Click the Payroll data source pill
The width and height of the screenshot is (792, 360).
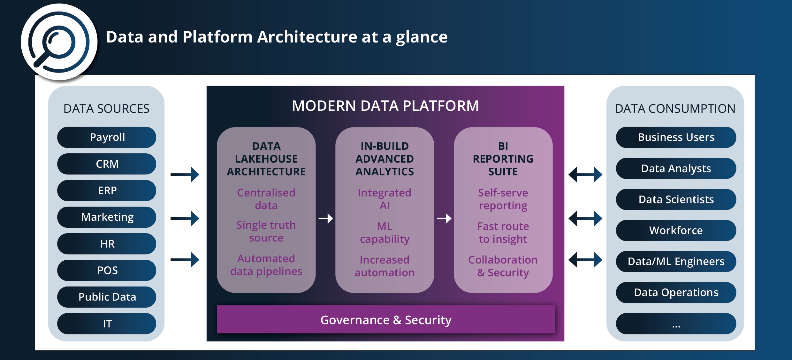(107, 137)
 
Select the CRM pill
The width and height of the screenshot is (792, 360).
(107, 164)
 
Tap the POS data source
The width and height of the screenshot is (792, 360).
(107, 270)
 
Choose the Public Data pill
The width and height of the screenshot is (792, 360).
(107, 297)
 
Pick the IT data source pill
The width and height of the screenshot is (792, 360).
(107, 324)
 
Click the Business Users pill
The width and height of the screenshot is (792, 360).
(676, 137)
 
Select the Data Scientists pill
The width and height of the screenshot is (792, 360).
(676, 199)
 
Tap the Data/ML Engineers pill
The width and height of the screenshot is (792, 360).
(676, 261)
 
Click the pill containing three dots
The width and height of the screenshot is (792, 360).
(676, 324)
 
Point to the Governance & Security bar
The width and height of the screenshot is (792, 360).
(386, 319)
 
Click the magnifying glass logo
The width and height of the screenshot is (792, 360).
(59, 42)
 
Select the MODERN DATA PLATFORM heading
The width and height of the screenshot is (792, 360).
(385, 106)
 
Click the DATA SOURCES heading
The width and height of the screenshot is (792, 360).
(106, 109)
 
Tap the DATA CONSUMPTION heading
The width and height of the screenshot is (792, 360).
(675, 109)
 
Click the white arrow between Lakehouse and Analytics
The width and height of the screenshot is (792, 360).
(326, 218)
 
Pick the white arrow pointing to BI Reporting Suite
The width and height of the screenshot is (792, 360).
(444, 218)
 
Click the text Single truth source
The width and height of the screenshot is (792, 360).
(266, 231)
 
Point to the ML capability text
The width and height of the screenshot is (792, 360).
(385, 233)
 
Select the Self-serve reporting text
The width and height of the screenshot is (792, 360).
(503, 199)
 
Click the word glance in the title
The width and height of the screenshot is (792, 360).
(422, 38)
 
